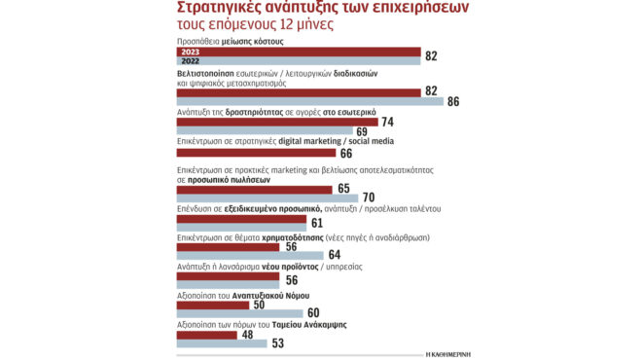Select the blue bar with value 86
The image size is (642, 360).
(309, 100)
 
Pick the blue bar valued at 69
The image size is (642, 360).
(264, 131)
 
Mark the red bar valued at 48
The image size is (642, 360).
(207, 336)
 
